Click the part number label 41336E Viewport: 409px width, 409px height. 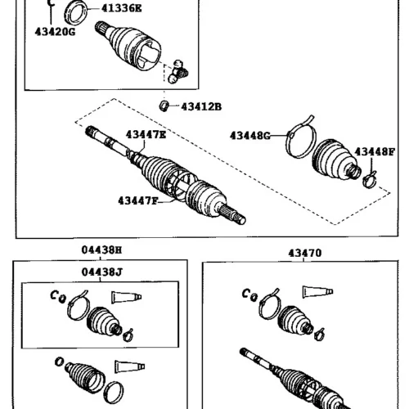point(122,8)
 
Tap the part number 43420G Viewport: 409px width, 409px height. point(55,32)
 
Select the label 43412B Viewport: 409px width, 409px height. point(201,106)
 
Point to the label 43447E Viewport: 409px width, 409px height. point(146,134)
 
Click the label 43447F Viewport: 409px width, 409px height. point(138,201)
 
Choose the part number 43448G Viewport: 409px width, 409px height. point(250,135)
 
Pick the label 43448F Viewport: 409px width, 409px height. point(375,152)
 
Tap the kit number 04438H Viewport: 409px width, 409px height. point(101,249)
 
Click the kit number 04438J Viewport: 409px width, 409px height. point(102,272)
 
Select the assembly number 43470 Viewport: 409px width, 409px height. point(305,253)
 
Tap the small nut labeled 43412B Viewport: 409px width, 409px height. point(164,106)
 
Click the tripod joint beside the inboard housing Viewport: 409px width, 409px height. point(178,72)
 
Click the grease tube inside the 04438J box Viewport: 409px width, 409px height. point(127,297)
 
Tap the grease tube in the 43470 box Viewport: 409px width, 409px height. point(317,292)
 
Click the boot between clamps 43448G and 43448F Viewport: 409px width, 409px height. point(336,160)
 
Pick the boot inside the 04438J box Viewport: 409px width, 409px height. point(104,321)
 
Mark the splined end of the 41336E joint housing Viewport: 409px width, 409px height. point(101,28)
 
